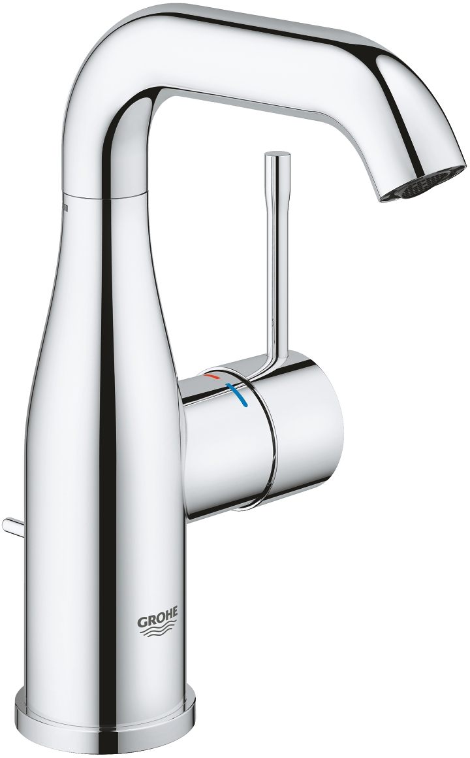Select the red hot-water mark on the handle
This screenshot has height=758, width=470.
[212, 378]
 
